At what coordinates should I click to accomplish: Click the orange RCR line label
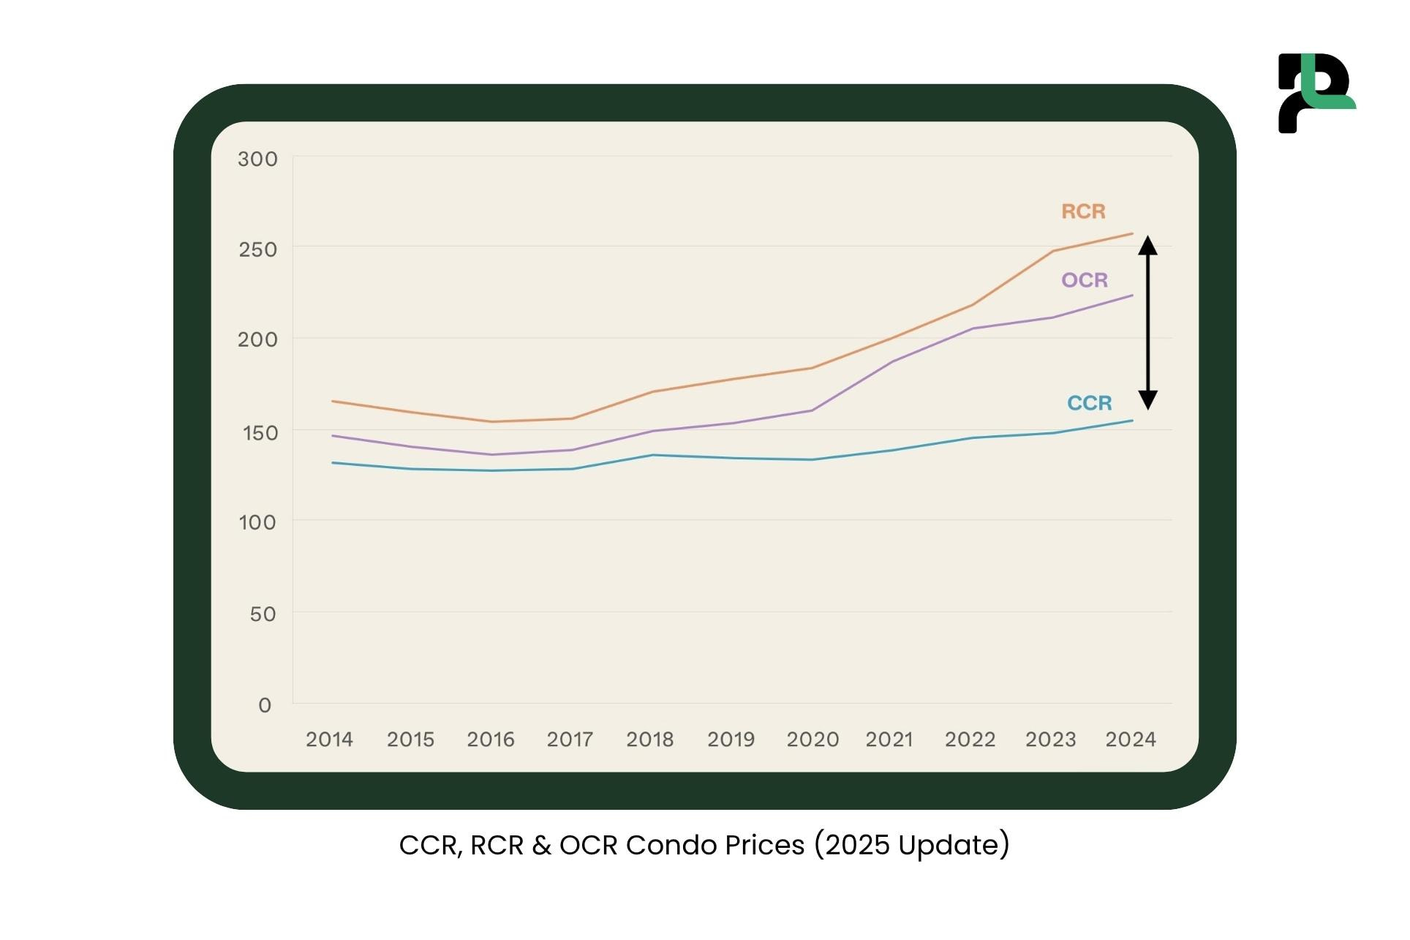click(1083, 211)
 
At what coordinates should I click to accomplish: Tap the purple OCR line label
click(1085, 280)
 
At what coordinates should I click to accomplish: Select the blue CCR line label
click(1089, 403)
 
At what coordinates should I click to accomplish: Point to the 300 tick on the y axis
click(257, 159)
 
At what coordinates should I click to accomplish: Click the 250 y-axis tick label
click(257, 249)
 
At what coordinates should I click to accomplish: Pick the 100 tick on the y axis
click(257, 522)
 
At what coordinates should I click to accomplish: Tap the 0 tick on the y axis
click(265, 705)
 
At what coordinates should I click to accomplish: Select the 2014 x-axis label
click(329, 740)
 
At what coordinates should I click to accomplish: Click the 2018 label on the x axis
click(649, 740)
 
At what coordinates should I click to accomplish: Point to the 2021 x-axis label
click(889, 740)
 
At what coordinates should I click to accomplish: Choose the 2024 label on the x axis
click(1130, 740)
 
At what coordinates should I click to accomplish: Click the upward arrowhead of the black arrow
click(1147, 245)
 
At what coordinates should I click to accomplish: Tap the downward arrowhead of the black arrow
click(1147, 399)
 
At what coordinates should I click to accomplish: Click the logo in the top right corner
click(1316, 93)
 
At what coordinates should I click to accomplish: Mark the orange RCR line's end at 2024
click(1132, 234)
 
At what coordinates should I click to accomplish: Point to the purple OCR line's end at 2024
click(1132, 296)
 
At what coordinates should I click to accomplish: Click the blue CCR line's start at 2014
click(333, 462)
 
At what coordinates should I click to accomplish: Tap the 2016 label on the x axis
click(491, 740)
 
